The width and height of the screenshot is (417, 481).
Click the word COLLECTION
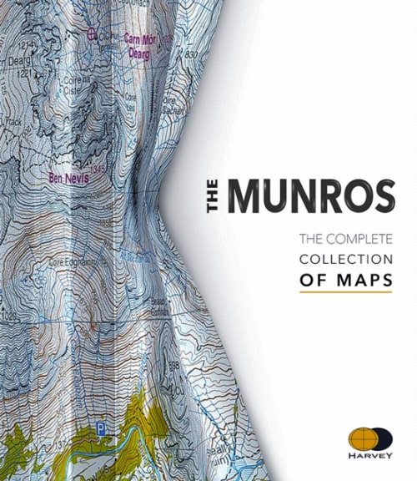(344, 260)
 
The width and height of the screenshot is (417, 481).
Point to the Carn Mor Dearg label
(140, 47)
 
